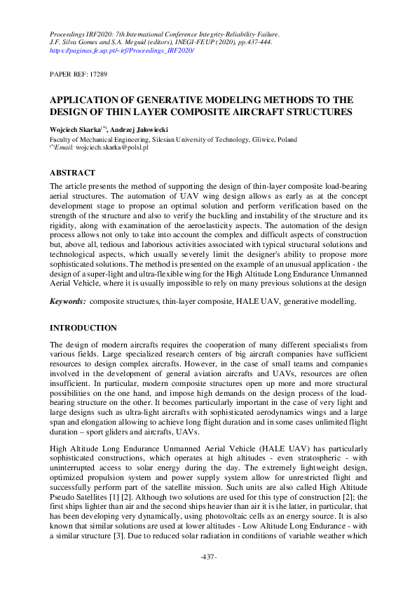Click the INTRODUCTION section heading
pyautogui.click(x=83, y=328)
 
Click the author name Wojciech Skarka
pyautogui.click(x=75, y=130)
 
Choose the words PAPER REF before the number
pyautogui.click(x=67, y=74)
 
